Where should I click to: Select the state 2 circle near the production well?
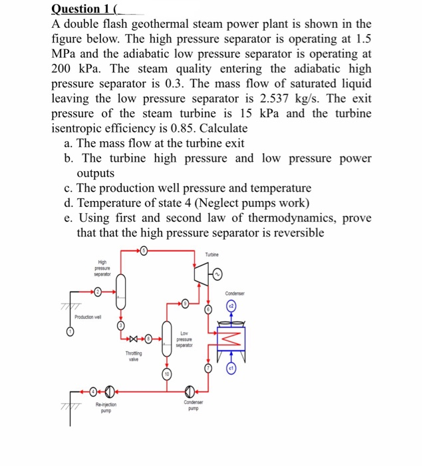pos(98,291)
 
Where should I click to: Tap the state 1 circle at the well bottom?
pos(70,332)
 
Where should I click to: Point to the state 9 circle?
pos(186,304)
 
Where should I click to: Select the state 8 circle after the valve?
pos(150,340)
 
